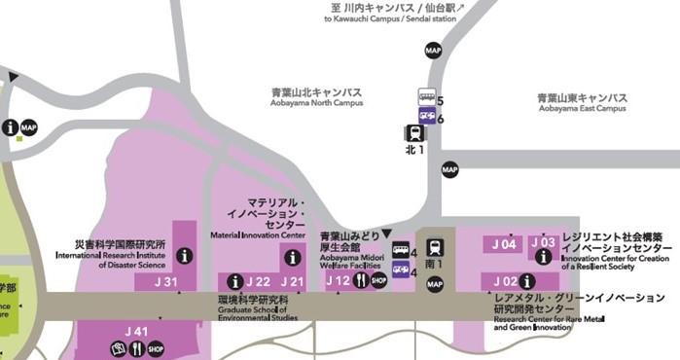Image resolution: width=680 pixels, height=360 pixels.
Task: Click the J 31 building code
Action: [x=167, y=282]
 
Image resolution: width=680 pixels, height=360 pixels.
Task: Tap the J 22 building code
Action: [x=257, y=282]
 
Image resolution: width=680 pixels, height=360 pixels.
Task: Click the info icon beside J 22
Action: [x=234, y=282]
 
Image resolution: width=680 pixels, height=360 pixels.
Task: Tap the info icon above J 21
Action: [x=293, y=258]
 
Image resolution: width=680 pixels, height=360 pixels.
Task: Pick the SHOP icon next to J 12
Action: [x=379, y=281]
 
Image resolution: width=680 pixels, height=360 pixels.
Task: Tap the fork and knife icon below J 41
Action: [x=136, y=348]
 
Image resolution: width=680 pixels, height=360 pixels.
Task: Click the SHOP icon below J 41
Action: [x=155, y=348]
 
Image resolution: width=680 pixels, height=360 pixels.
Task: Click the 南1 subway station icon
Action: [x=434, y=247]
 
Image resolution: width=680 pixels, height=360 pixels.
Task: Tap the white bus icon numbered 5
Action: [x=426, y=96]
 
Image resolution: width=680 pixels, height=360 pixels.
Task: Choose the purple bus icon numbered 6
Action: [x=426, y=115]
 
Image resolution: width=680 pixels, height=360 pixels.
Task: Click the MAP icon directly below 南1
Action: [x=435, y=283]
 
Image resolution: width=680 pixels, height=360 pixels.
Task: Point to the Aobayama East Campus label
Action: [x=582, y=103]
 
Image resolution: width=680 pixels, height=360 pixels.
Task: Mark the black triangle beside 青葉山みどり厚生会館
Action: [x=387, y=234]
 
